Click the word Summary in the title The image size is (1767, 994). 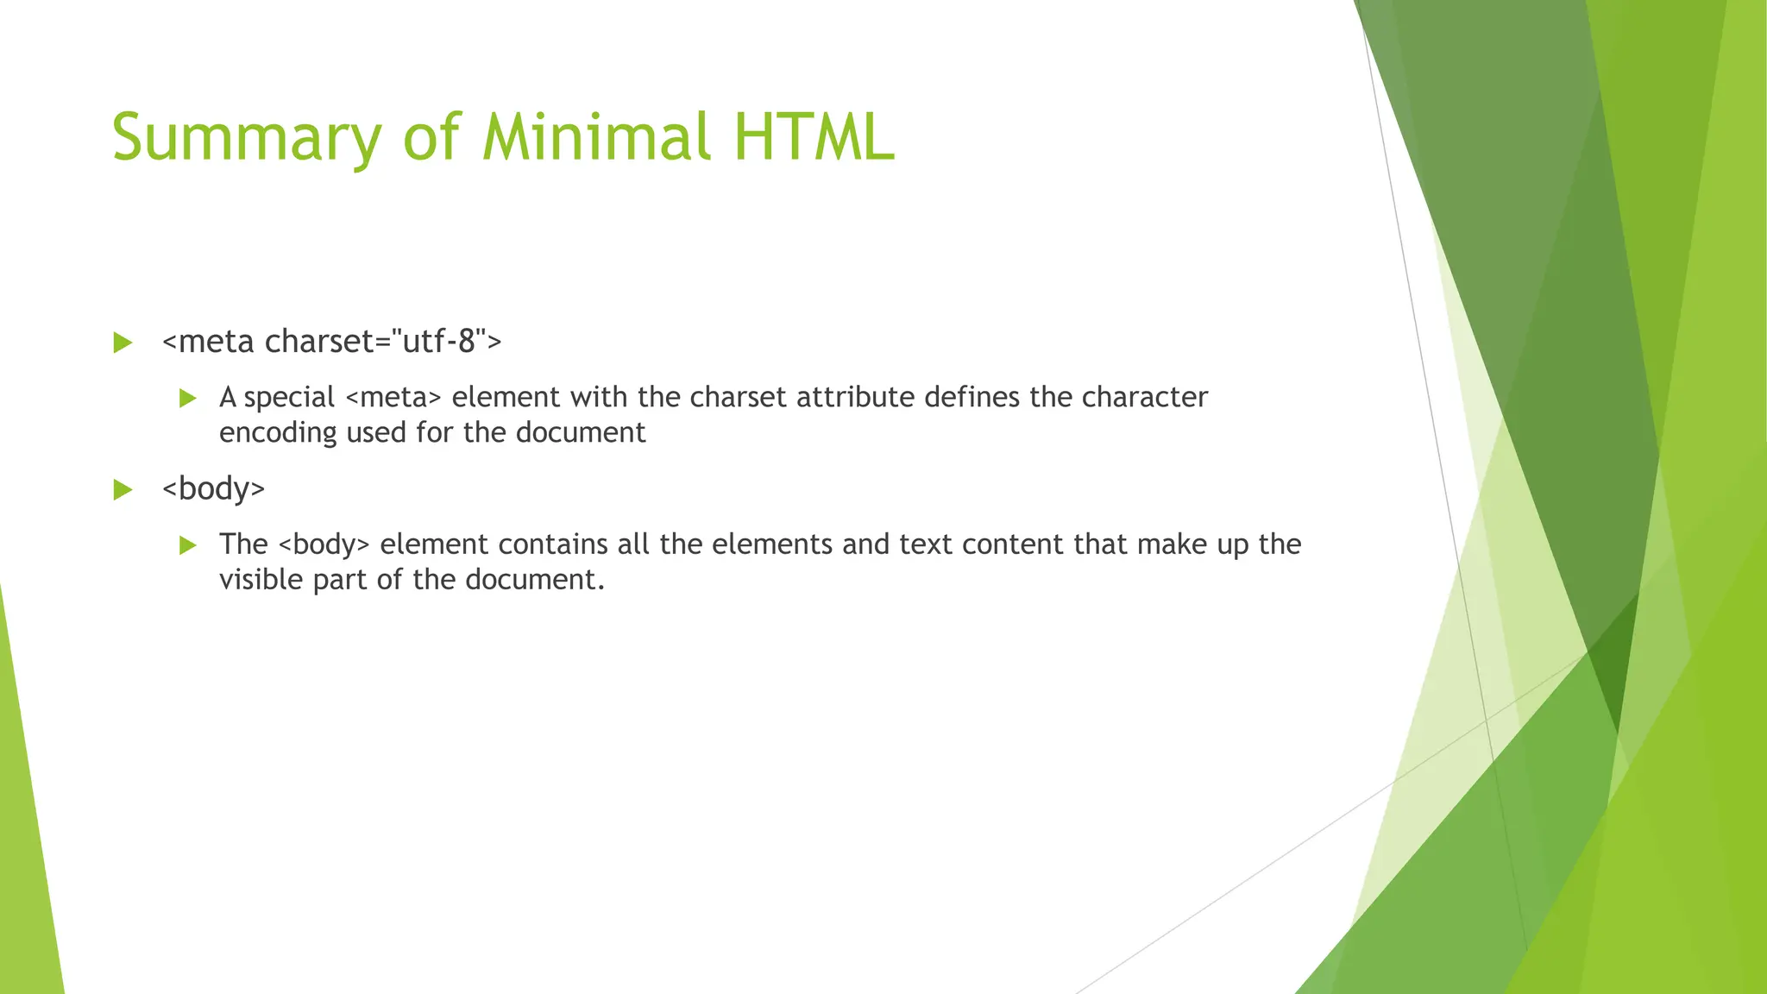(247, 138)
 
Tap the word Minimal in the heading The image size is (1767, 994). (596, 138)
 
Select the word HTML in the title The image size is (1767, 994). (814, 138)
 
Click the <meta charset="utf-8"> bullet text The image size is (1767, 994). (331, 342)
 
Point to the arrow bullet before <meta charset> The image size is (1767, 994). (123, 343)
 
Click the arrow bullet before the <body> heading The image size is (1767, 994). (123, 490)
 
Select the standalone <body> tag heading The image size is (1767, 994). (213, 489)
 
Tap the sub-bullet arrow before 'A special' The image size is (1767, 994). (188, 398)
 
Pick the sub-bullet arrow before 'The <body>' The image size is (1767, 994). (188, 545)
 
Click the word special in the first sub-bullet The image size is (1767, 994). (289, 398)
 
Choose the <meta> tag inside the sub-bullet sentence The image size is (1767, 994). (393, 398)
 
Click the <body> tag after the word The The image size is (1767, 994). (324, 545)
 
